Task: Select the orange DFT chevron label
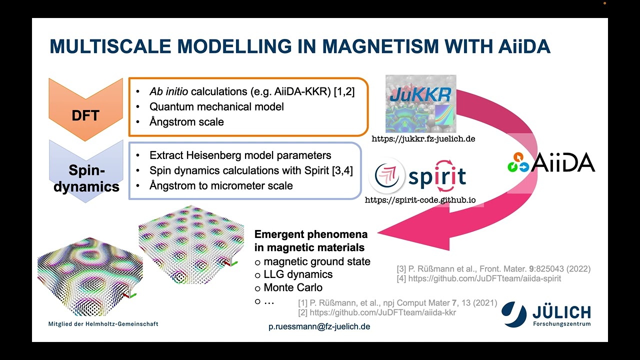point(85,115)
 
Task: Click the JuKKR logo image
point(421,103)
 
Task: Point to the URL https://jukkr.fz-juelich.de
point(423,139)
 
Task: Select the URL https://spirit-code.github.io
point(420,200)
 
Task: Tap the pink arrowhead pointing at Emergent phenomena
point(400,232)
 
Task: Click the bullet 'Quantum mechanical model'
point(216,106)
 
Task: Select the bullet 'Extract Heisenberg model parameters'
point(240,155)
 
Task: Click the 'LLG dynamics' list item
point(298,274)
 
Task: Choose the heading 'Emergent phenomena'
point(311,234)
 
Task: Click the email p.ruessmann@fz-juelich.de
point(319,326)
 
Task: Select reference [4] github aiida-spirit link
point(484,278)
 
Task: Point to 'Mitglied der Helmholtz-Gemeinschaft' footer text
point(103,324)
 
